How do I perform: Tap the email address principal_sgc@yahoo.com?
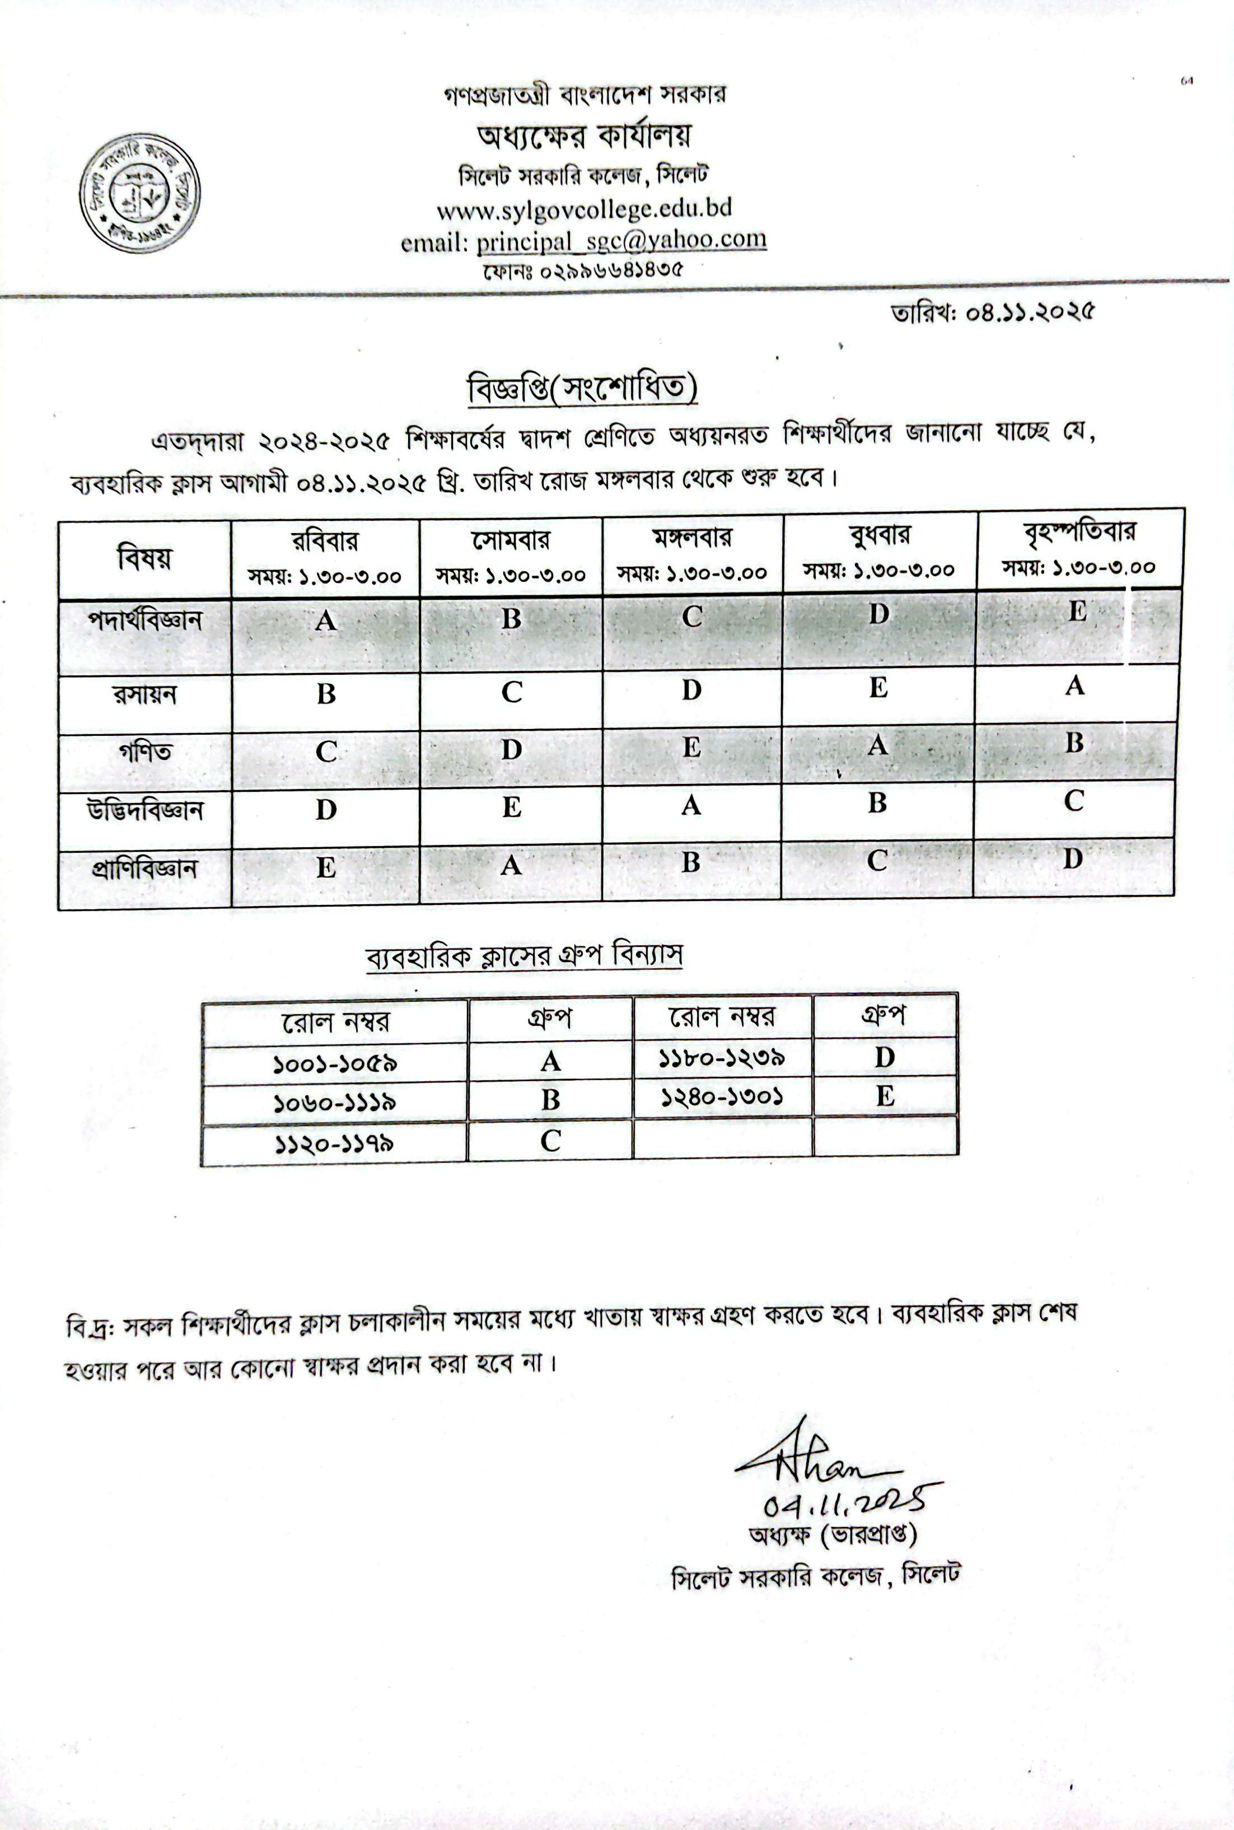coord(621,239)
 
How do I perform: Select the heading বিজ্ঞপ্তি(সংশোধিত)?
coord(582,389)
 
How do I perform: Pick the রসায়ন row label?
coord(145,695)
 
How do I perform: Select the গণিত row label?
coord(145,751)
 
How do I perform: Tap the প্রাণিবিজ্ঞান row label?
coord(145,869)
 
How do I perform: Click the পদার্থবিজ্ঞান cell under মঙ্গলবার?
coord(692,617)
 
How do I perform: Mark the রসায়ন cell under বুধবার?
coord(878,689)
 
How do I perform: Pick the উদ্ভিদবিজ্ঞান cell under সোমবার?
coord(512,807)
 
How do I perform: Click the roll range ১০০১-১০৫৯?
coord(334,1064)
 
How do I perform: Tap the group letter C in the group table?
coord(550,1141)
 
